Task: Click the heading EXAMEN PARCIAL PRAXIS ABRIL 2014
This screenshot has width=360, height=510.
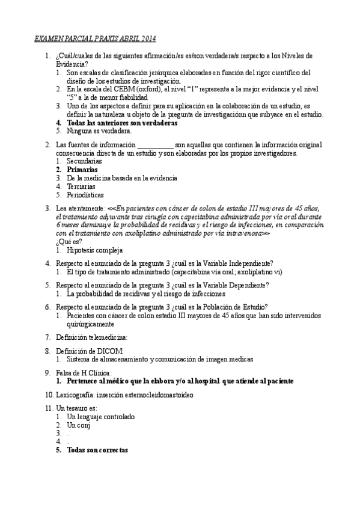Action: point(94,39)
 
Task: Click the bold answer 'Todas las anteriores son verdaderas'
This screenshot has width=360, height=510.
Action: point(122,123)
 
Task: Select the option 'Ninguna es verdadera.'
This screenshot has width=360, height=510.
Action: point(99,131)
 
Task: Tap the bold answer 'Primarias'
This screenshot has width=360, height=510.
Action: point(82,170)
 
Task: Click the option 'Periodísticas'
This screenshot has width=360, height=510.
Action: point(86,195)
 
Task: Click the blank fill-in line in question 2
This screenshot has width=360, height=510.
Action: point(155,145)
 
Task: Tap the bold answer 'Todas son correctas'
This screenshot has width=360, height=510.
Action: point(97,450)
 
